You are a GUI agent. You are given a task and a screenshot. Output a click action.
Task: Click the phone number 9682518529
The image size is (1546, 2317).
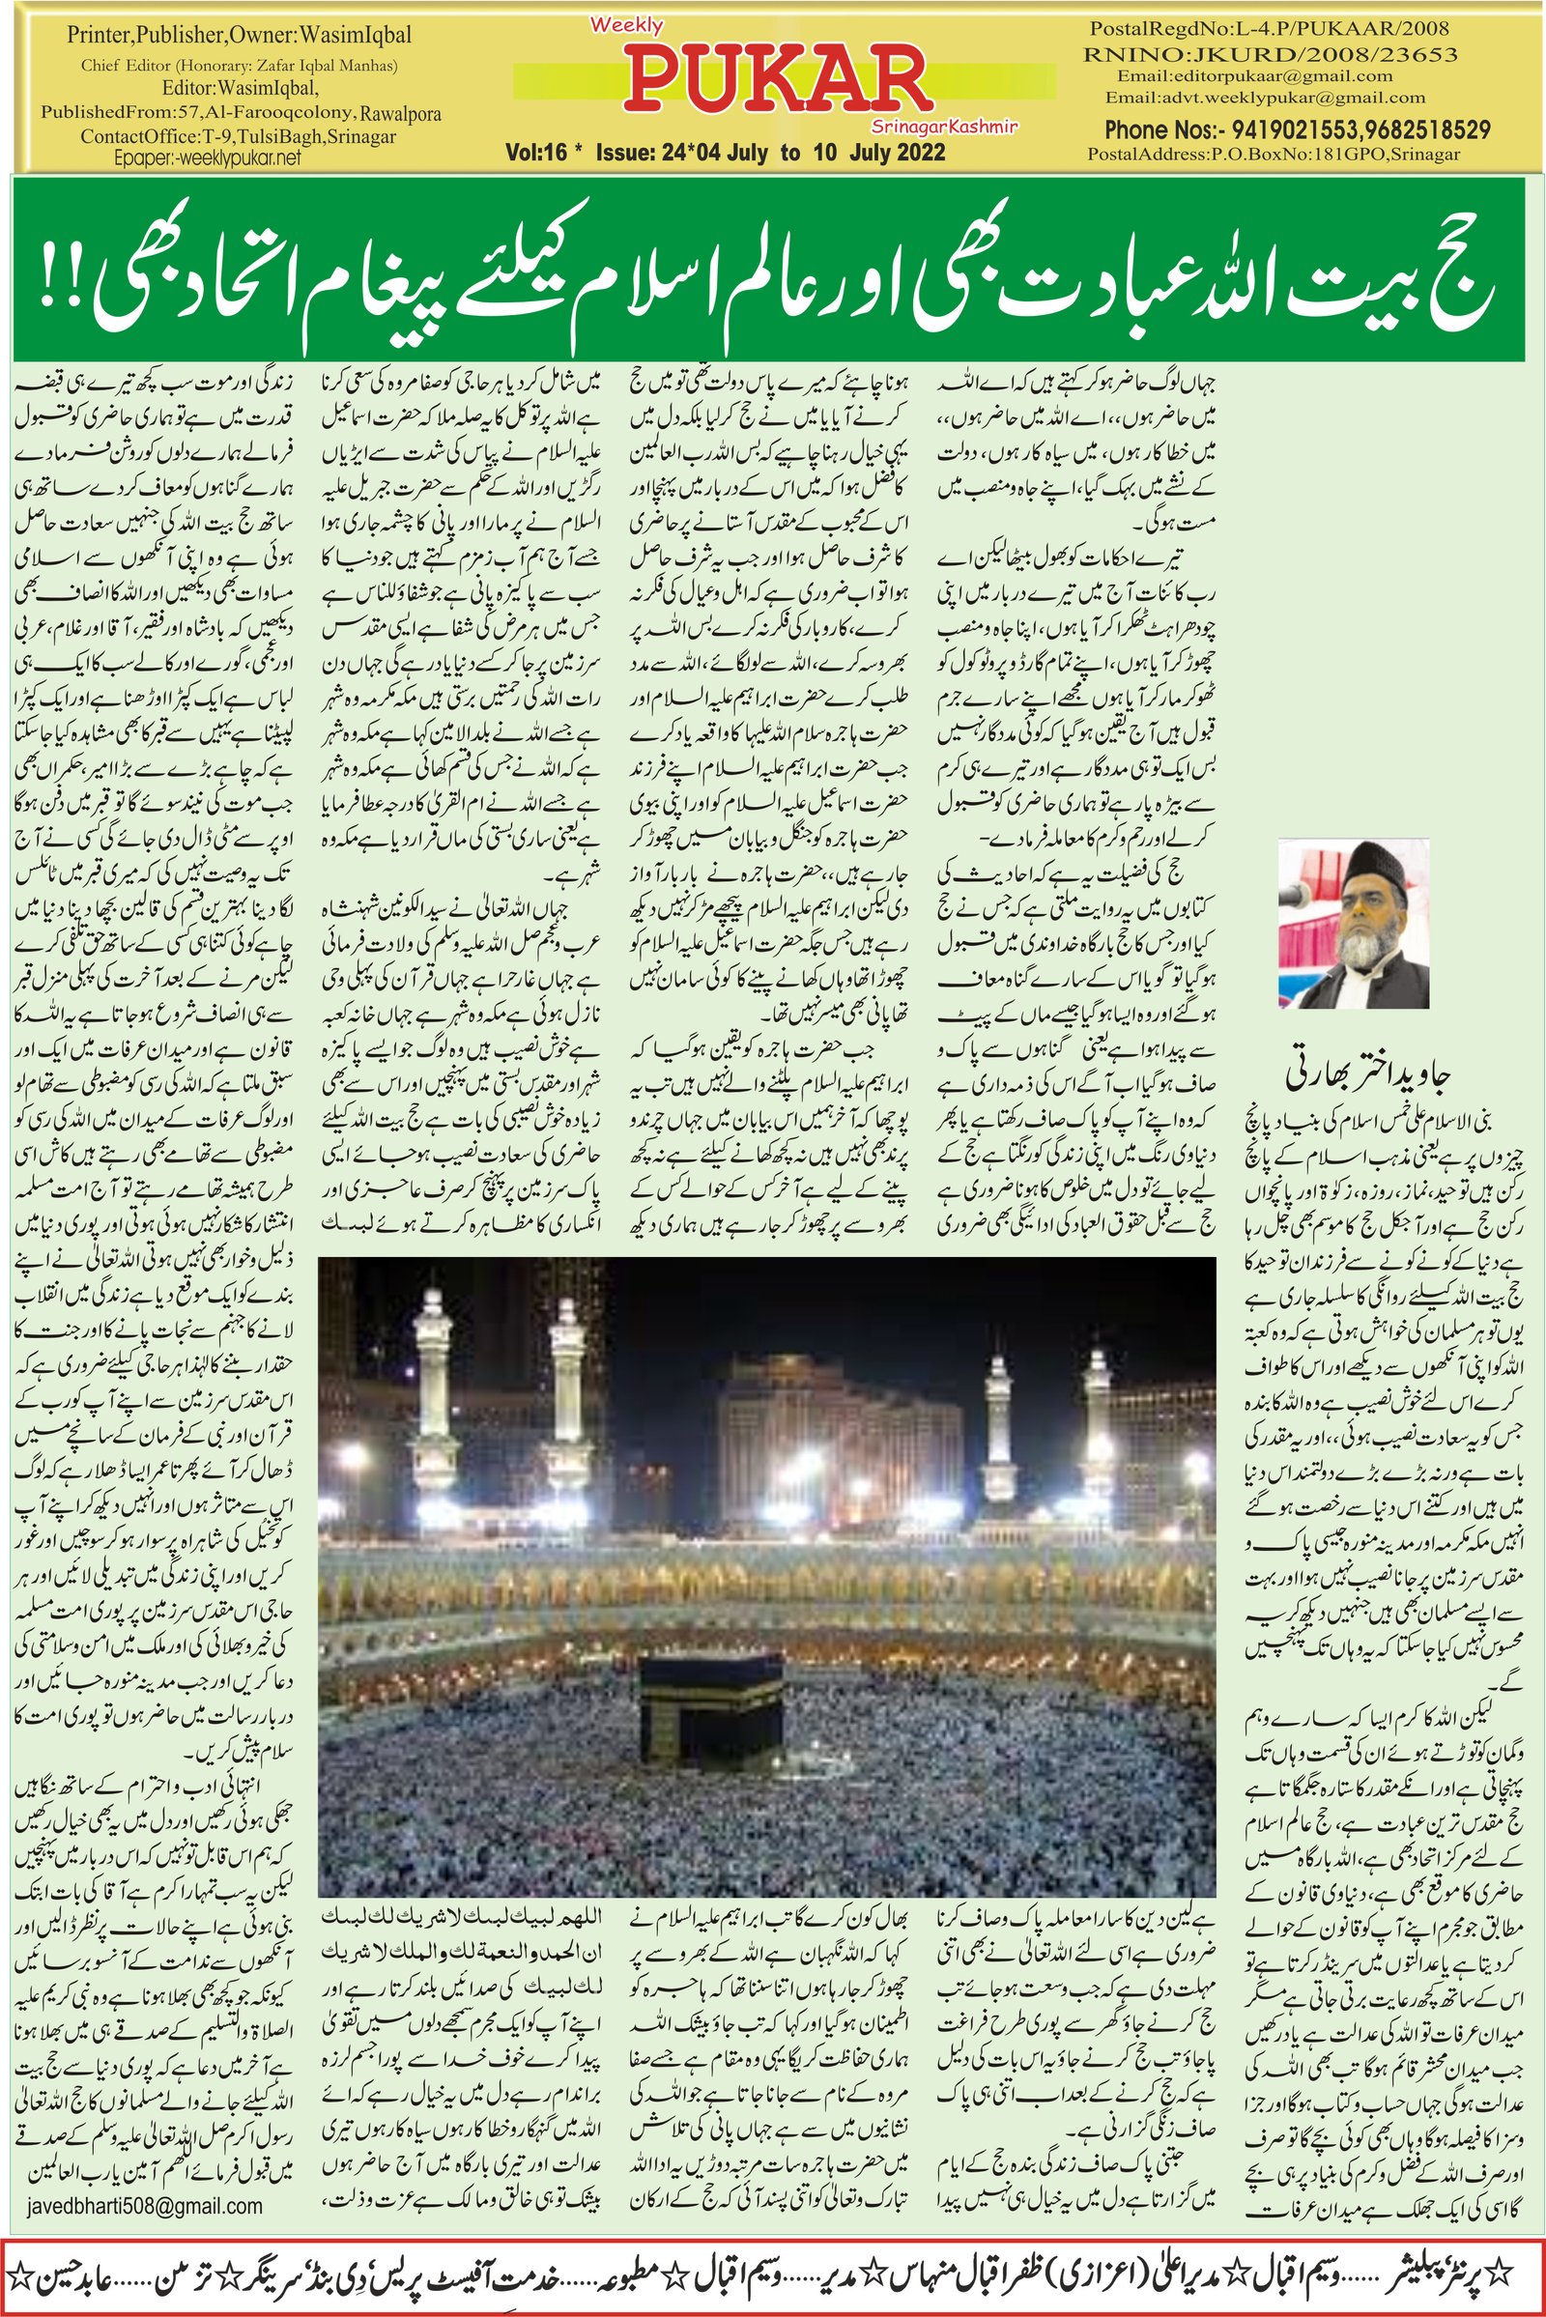click(x=1431, y=130)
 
